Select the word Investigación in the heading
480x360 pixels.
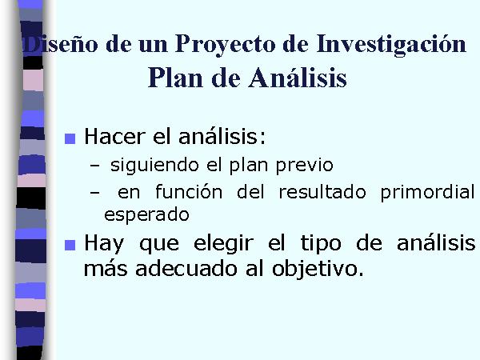(391, 44)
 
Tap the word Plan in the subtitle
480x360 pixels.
(175, 77)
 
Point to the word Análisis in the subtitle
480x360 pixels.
(298, 77)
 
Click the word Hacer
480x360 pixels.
(114, 136)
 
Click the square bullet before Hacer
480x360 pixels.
(70, 138)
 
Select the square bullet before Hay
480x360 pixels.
(70, 246)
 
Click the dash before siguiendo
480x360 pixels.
(95, 166)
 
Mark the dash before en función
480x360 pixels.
(95, 193)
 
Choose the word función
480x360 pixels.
(189, 192)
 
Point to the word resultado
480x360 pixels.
(322, 192)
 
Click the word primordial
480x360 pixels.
(427, 193)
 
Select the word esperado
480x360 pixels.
(146, 215)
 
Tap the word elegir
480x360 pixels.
(224, 244)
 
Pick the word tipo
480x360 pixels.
(321, 244)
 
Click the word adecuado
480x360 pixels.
(186, 269)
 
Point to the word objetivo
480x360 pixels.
(318, 270)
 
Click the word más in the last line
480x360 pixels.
(106, 268)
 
